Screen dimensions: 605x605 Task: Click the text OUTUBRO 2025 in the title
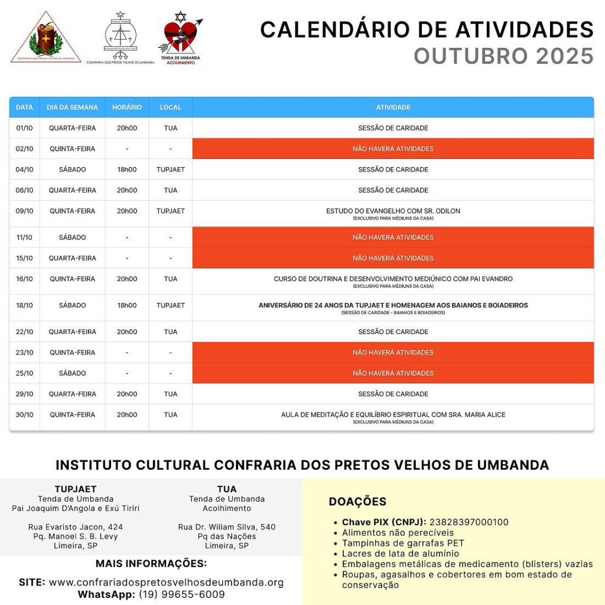click(x=503, y=56)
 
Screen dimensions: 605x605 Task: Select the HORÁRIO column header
click(x=127, y=108)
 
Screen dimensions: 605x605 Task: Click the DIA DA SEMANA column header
click(x=72, y=108)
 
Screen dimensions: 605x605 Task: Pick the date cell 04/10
click(x=24, y=170)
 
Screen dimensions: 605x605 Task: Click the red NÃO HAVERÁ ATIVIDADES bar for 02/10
click(x=393, y=149)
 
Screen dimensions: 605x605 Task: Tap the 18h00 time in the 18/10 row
click(x=127, y=305)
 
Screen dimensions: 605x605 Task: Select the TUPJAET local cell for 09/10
click(x=170, y=211)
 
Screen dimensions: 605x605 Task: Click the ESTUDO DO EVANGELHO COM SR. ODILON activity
click(x=393, y=211)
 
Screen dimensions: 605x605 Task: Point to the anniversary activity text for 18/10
click(x=393, y=305)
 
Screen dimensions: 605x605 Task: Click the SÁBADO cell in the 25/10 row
click(x=72, y=373)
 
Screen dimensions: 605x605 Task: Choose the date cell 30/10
click(x=24, y=415)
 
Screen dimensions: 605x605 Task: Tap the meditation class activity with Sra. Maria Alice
click(x=393, y=415)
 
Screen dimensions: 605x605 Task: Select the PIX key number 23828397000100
click(x=469, y=522)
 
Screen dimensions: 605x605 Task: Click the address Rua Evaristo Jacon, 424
click(x=76, y=527)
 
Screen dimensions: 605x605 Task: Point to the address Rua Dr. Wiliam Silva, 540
click(x=227, y=527)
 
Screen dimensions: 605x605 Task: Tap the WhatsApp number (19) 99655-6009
click(x=182, y=594)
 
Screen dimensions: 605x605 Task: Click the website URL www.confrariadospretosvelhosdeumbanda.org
click(x=166, y=583)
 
